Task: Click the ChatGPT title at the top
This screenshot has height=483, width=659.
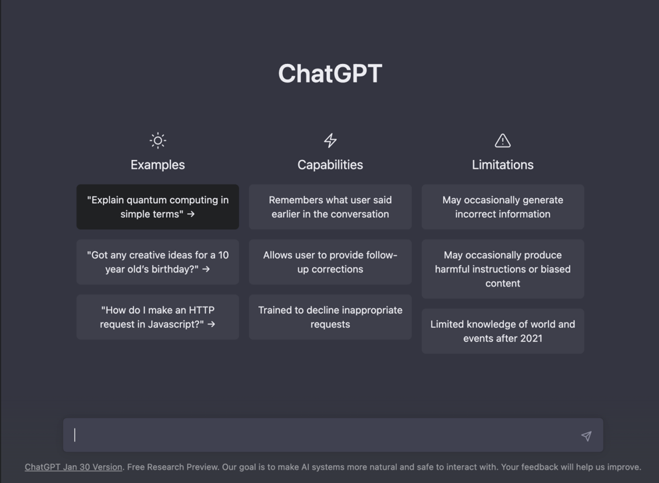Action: click(330, 73)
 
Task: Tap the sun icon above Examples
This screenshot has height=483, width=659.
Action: click(158, 141)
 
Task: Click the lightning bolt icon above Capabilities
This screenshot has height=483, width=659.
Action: click(330, 141)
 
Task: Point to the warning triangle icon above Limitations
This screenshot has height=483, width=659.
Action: click(503, 141)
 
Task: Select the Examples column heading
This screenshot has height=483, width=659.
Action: click(158, 165)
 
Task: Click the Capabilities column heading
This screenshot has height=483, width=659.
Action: click(330, 165)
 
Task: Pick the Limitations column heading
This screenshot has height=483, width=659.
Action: click(503, 165)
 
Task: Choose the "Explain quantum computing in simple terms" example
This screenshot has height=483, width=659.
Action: click(158, 207)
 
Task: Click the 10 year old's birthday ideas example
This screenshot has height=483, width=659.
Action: click(158, 262)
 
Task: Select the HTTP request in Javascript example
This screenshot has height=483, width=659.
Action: click(158, 317)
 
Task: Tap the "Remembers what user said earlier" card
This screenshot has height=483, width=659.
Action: click(330, 207)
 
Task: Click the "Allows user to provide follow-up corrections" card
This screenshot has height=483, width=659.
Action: click(330, 262)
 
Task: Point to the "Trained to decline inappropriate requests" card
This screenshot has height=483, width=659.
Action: click(330, 317)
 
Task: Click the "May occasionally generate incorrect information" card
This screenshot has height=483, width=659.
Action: click(503, 207)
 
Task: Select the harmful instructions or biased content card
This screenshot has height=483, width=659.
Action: click(503, 269)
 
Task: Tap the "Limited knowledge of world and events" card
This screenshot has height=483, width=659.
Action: click(503, 331)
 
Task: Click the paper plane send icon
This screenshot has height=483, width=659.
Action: click(586, 436)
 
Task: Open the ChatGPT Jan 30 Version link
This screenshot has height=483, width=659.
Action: click(73, 467)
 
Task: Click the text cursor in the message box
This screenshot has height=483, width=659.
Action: click(75, 435)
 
